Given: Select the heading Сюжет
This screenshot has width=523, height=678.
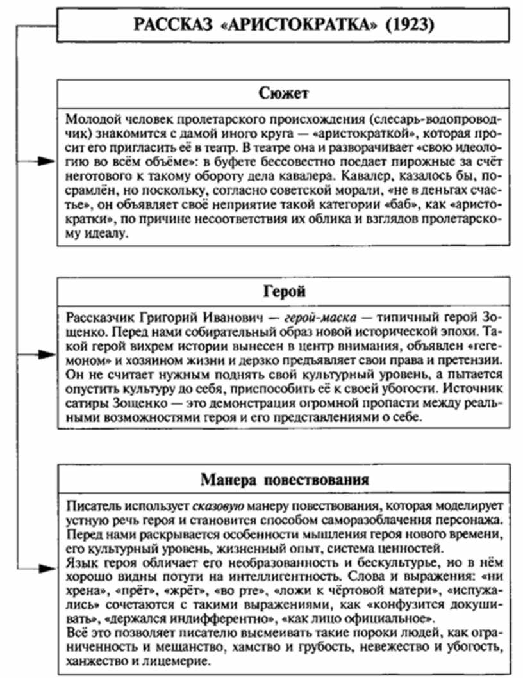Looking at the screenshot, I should pos(284,94).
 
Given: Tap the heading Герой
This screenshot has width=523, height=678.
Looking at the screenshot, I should pos(284,292).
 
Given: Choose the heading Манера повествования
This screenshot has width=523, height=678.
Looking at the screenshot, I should pos(284,479).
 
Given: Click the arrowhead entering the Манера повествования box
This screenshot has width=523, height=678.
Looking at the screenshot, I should pos(47,567).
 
